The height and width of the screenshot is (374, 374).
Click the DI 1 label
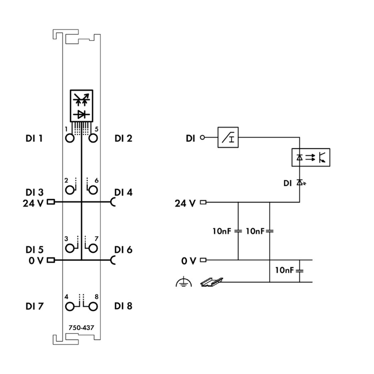pyautogui.click(x=34, y=138)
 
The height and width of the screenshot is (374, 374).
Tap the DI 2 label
pyautogui.click(x=123, y=138)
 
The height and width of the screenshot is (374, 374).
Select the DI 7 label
pyautogui.click(x=34, y=306)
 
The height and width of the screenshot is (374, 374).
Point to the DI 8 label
pyautogui.click(x=123, y=306)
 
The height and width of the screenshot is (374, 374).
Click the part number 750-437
pyautogui.click(x=81, y=328)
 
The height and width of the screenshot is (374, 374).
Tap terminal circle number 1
pyautogui.click(x=70, y=139)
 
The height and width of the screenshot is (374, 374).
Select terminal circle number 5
pyautogui.click(x=92, y=139)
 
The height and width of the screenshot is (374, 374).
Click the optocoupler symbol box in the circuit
pyautogui.click(x=310, y=157)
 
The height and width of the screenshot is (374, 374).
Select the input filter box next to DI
pyautogui.click(x=229, y=138)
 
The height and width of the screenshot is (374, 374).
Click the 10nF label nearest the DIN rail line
pyautogui.click(x=285, y=270)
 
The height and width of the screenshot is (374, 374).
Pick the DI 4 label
pyautogui.click(x=123, y=192)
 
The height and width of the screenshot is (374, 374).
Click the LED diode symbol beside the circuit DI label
pyautogui.click(x=300, y=183)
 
